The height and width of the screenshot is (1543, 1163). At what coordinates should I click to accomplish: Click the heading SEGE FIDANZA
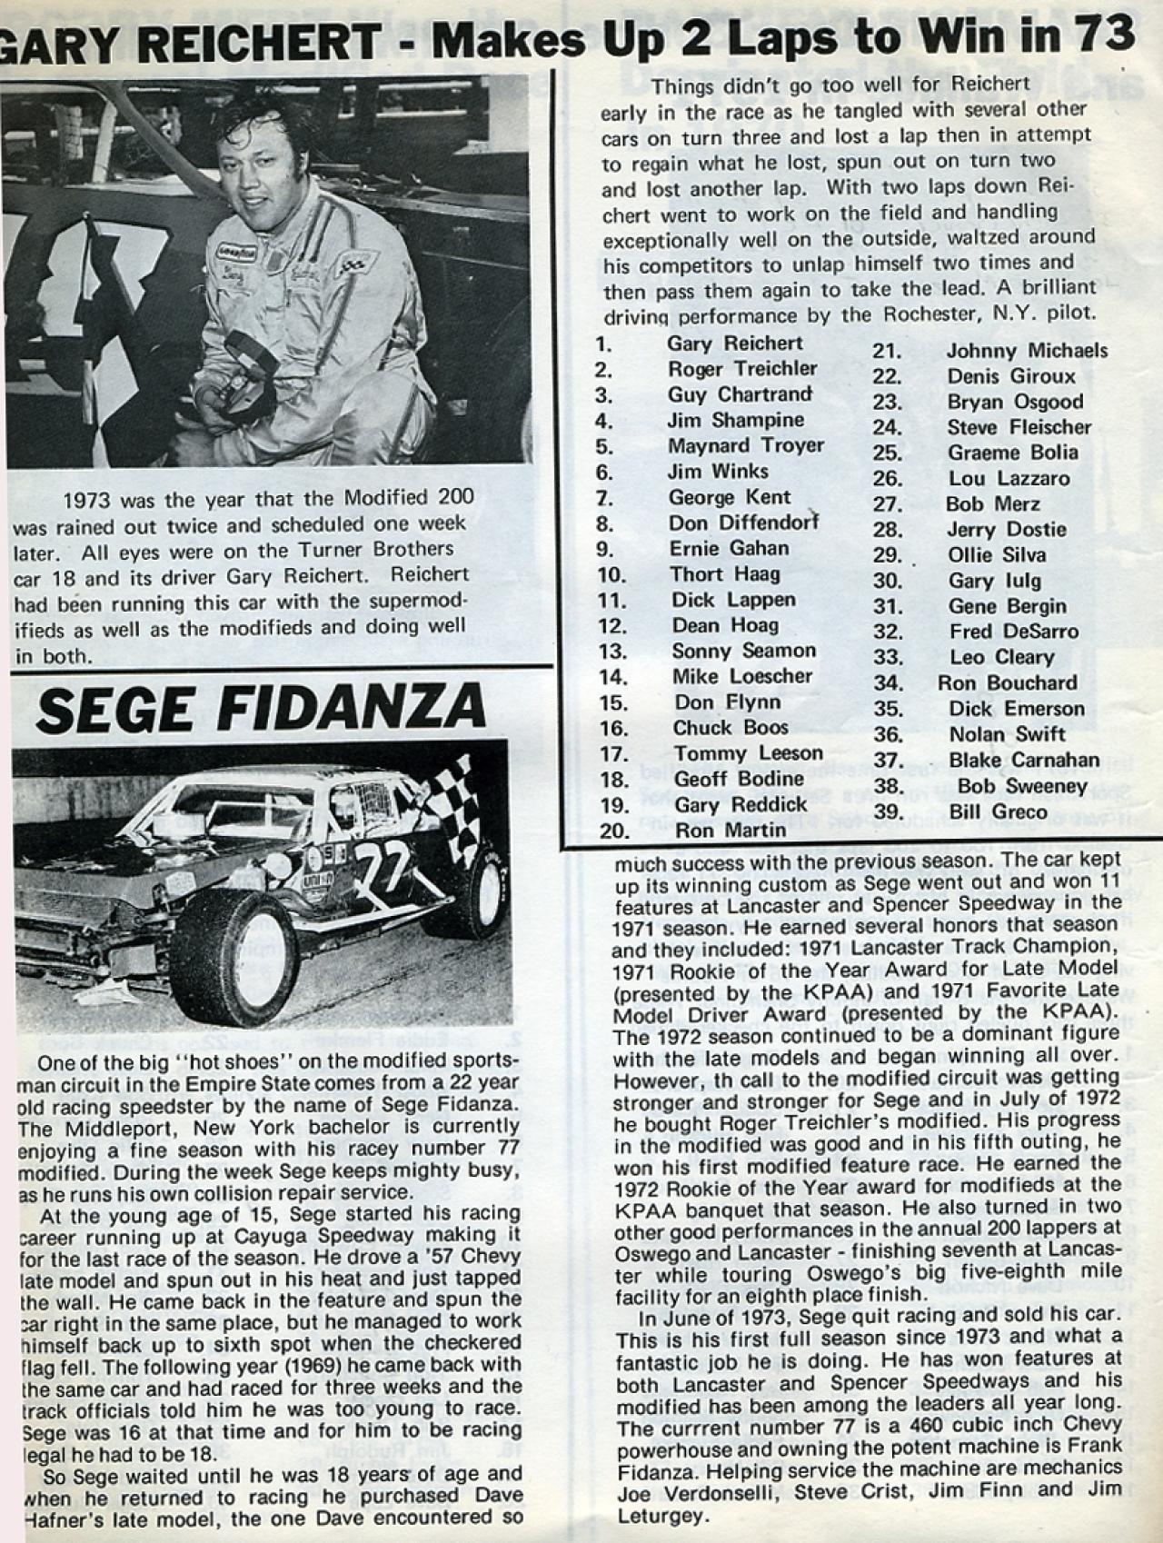coord(261,708)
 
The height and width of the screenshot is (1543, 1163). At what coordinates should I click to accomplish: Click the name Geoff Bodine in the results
coord(738,779)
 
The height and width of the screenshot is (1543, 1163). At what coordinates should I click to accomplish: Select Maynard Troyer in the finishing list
coord(746,445)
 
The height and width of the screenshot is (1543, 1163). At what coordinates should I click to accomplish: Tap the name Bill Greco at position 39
coord(998,811)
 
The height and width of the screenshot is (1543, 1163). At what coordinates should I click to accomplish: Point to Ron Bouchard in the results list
coord(1008,682)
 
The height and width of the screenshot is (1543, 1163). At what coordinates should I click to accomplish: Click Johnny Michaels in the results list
coord(1027,351)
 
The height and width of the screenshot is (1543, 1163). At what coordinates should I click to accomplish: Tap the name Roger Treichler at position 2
coord(742,368)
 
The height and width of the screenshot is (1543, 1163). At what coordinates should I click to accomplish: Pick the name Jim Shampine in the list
coord(735,420)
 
